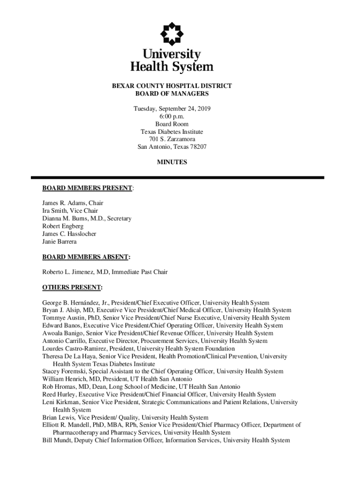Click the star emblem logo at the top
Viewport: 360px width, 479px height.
(x=172, y=32)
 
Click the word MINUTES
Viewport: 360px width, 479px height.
(x=172, y=162)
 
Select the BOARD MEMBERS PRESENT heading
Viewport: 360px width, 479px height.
(x=87, y=188)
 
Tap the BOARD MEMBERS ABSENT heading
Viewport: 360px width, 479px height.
(x=86, y=257)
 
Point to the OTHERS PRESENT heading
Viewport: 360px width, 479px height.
(x=72, y=287)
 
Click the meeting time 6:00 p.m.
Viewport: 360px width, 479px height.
(x=172, y=116)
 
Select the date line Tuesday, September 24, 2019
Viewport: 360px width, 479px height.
(x=172, y=109)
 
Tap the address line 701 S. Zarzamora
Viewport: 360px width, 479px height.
(x=172, y=139)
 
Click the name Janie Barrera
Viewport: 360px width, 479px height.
(x=59, y=241)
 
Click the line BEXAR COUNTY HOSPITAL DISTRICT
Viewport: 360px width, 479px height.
(x=172, y=86)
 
